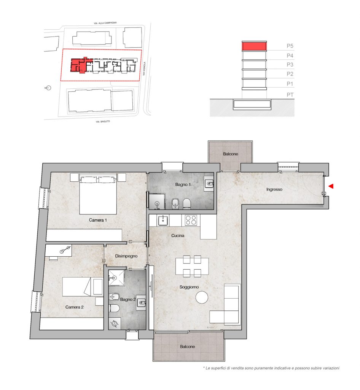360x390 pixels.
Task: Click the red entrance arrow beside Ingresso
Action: click(331, 186)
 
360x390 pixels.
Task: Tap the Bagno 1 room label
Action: click(183, 185)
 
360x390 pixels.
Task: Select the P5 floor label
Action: click(290, 46)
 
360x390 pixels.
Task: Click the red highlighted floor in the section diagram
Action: click(254, 46)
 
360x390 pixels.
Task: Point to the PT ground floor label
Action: click(290, 95)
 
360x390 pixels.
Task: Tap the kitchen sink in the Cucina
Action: click(163, 221)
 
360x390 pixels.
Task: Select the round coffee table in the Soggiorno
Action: click(202, 297)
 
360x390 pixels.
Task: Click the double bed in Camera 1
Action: click(98, 194)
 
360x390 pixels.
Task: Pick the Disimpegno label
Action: click(126, 256)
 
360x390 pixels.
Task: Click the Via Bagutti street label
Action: click(103, 121)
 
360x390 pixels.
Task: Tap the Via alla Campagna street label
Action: click(105, 23)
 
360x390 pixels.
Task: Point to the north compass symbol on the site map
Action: click(48, 88)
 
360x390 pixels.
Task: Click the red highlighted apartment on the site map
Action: click(79, 65)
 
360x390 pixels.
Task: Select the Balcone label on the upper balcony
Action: click(231, 154)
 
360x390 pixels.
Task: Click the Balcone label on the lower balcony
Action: click(188, 347)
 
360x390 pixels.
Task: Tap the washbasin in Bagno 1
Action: click(209, 184)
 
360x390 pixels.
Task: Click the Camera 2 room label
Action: click(74, 307)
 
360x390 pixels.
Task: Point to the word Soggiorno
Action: click(189, 287)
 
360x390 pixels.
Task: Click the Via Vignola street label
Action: click(144, 69)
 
